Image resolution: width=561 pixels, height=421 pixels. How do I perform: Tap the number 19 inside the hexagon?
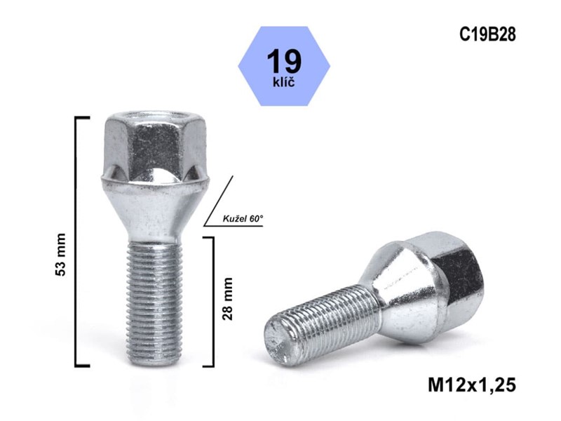(284, 61)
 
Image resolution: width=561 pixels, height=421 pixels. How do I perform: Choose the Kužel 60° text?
(241, 220)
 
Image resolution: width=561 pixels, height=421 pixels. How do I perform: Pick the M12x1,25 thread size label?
(471, 385)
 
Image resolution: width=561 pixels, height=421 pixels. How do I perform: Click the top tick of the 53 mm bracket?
(83, 118)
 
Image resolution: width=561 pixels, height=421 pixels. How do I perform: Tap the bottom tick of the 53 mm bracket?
(83, 366)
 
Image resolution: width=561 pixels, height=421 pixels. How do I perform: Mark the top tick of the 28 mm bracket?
(208, 237)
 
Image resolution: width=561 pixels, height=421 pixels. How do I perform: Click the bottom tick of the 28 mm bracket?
(208, 366)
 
